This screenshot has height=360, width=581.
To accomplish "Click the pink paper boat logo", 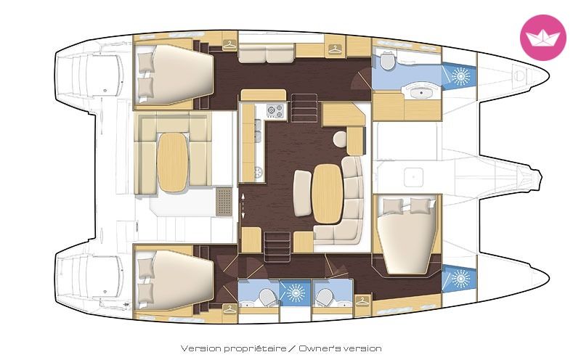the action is pos(543,38).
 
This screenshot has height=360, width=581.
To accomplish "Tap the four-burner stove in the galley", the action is pos(275,111).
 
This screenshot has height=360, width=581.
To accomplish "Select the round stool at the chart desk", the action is pos(339,139).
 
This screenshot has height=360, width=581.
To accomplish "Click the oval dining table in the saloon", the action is pos(327,194).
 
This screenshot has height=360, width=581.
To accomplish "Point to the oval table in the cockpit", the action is pos(173,163).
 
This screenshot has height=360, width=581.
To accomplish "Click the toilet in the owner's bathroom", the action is pos(387,61).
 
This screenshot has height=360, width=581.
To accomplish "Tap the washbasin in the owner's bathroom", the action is pos(420,91).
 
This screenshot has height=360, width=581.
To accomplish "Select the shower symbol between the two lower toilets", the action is pos(295,292).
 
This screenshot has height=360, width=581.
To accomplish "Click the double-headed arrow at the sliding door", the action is pos(243,205).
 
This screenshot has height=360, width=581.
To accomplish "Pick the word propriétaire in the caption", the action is pos(256,348).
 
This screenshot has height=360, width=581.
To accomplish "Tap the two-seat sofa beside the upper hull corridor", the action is pos(266,53).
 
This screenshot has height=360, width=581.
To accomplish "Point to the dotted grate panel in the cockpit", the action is pos(224,201).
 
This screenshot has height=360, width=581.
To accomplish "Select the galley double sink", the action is pos(258,131).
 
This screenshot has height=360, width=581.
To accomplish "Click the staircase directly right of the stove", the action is pos(304,107).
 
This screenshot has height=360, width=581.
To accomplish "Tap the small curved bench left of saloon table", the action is pos(302,192).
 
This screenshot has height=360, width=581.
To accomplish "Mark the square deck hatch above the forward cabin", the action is pos(413,177).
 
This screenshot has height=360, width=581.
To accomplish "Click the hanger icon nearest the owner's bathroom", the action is pos(335,49).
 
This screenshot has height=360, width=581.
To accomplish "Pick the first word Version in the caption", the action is pos(201,348).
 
